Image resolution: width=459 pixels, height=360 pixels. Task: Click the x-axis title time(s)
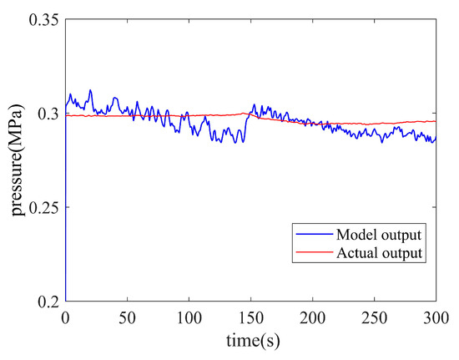point(250,342)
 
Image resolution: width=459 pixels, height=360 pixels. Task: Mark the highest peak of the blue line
point(90,90)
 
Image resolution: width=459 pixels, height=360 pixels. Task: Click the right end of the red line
point(435,121)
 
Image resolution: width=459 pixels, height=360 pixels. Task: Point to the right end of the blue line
point(435,138)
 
